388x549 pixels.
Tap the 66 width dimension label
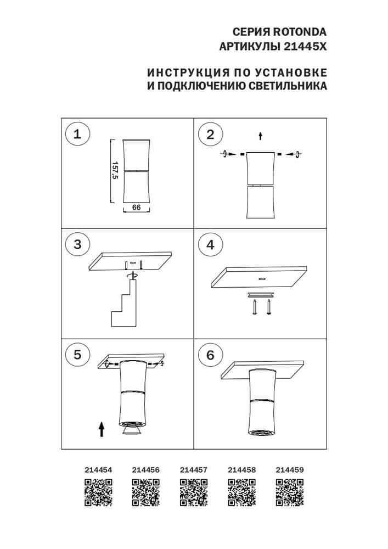click(137, 208)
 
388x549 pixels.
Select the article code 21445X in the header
click(306, 47)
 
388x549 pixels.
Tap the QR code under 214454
click(98, 492)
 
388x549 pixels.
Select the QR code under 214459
click(289, 492)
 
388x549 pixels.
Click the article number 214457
click(194, 470)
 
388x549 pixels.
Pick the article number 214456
click(146, 470)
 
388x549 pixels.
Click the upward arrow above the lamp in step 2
click(261, 135)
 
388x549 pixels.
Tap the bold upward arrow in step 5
click(102, 428)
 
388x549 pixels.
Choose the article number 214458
click(241, 470)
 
